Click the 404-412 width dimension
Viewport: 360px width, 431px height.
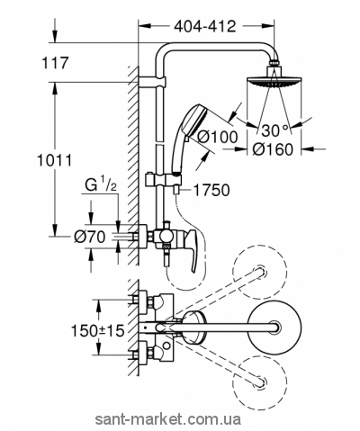tap(205, 26)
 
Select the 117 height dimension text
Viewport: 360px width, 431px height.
tap(55, 63)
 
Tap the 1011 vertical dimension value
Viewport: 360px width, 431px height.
tap(54, 161)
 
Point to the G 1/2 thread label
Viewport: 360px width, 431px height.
tap(101, 186)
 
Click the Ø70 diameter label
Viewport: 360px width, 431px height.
tap(90, 238)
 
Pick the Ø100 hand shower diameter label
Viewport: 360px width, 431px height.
tap(218, 138)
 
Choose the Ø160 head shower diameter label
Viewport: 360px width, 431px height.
tap(272, 149)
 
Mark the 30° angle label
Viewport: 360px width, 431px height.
tap(275, 130)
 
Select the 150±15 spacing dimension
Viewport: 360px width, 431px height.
tap(97, 331)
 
